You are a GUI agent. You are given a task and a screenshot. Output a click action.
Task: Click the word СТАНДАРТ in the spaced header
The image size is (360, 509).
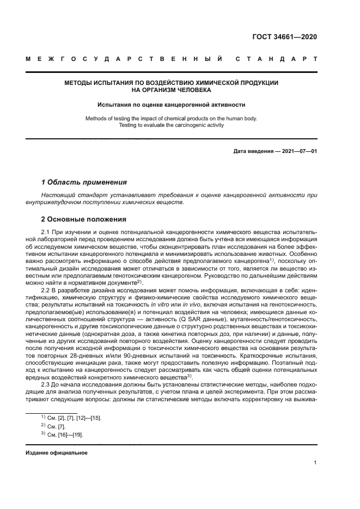[x=278, y=59]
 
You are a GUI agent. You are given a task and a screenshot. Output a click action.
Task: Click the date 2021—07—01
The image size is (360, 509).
[x=298, y=151]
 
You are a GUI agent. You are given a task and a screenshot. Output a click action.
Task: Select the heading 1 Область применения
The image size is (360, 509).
[x=84, y=182]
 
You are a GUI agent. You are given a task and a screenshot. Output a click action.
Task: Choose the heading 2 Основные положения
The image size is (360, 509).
[x=84, y=219]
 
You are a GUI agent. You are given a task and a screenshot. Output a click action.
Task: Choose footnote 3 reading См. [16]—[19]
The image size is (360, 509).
[x=65, y=436]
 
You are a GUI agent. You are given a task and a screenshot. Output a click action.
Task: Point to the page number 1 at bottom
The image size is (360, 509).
[x=315, y=463]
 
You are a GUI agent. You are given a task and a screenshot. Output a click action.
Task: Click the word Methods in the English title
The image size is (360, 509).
[x=97, y=118]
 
